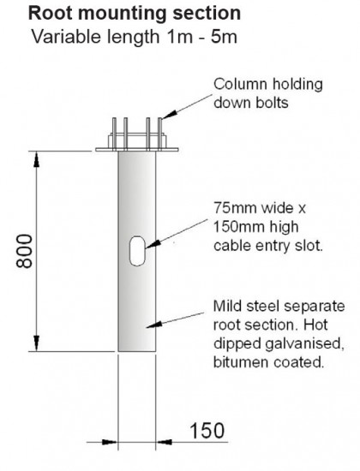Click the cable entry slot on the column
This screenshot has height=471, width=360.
coord(137,251)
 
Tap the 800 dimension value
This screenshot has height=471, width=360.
coord(24,251)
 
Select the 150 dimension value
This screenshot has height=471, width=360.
coord(207,431)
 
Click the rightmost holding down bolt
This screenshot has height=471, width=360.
coord(160,134)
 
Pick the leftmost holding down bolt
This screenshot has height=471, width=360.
coord(114,134)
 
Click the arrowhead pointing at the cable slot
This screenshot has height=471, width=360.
coord(152,244)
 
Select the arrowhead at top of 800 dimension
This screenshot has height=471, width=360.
coord(36,158)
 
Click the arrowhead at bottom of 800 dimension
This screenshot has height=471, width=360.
coord(36,343)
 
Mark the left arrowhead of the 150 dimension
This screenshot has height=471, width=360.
coord(110,442)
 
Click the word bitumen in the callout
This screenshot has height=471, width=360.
coord(241,362)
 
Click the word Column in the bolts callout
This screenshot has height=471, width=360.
coord(240,85)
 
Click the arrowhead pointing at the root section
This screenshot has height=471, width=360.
coord(154,325)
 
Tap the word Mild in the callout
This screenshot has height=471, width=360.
coord(227,307)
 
